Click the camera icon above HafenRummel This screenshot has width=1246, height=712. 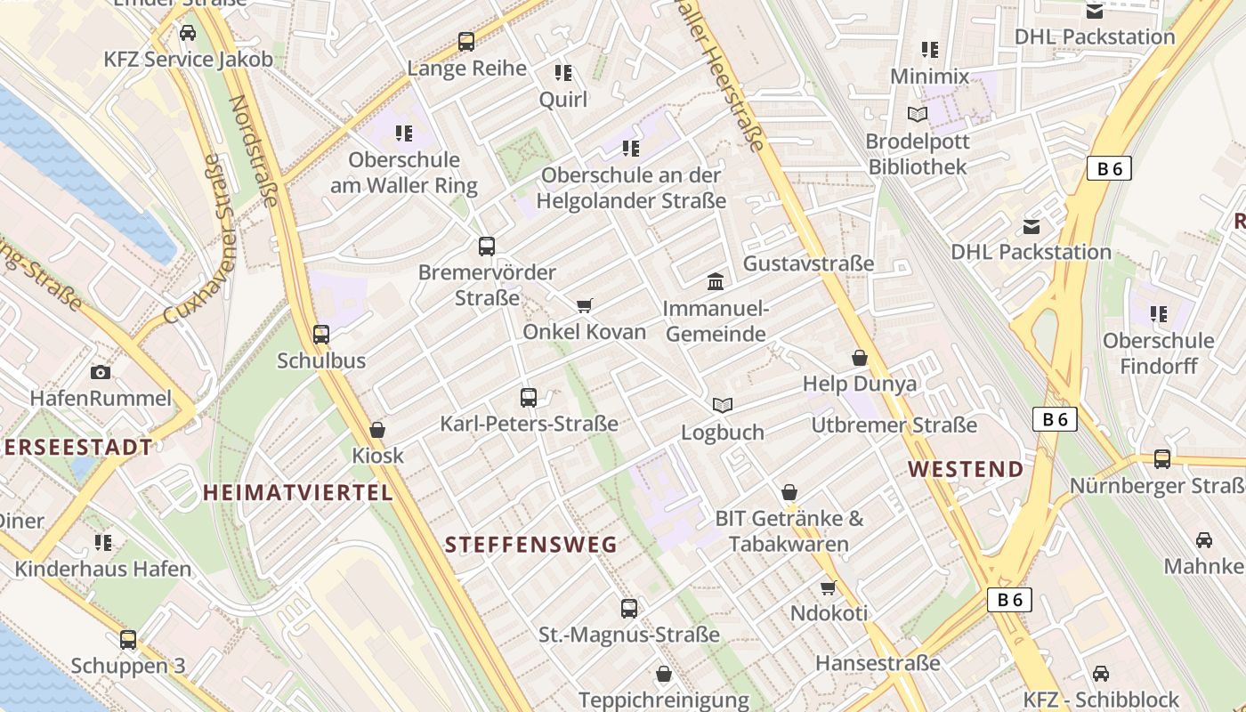(x=100, y=372)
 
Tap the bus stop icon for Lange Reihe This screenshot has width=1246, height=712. (x=466, y=41)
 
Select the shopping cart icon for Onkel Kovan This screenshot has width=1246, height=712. (x=585, y=306)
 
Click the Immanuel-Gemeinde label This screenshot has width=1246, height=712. (x=715, y=321)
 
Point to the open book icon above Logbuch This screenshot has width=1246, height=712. (x=723, y=406)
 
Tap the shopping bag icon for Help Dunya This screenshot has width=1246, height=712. (x=860, y=358)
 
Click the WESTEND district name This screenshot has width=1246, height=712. (x=966, y=469)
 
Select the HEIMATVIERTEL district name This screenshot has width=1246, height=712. (x=297, y=492)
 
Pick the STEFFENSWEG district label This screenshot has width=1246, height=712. (x=530, y=545)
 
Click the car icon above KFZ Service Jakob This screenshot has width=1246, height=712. (x=188, y=33)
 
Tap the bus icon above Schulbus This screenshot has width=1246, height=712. (x=321, y=335)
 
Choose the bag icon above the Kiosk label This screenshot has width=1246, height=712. (x=377, y=430)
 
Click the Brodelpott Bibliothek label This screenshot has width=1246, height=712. (x=918, y=154)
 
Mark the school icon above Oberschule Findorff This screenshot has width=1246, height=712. (x=1158, y=313)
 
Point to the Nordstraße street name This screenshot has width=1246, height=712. (x=255, y=150)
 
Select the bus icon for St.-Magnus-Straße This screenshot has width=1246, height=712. (x=629, y=609)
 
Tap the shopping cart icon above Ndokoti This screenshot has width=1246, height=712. (x=829, y=587)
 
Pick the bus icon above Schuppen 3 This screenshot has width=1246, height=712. (x=128, y=639)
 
